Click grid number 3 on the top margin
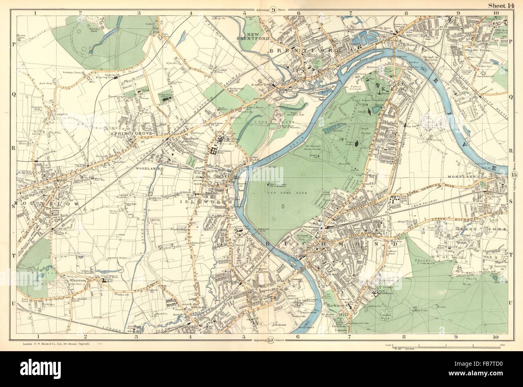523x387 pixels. pyautogui.click(x=139, y=13)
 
